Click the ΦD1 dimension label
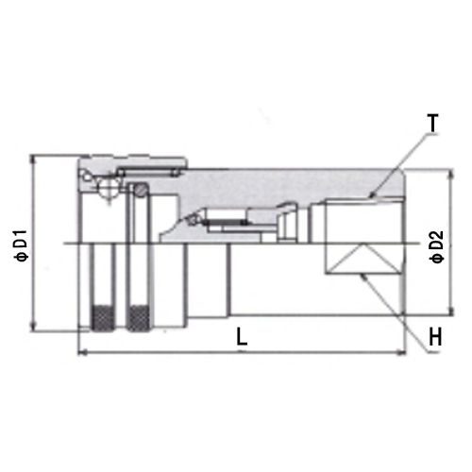[22, 245]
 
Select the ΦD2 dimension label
[437, 246]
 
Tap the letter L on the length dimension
[242, 336]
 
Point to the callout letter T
[433, 124]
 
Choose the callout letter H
[435, 336]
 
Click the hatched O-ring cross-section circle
[142, 190]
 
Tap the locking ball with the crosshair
[108, 190]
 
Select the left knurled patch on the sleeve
[103, 318]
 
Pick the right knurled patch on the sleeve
[138, 318]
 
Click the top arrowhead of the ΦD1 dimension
[32, 159]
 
